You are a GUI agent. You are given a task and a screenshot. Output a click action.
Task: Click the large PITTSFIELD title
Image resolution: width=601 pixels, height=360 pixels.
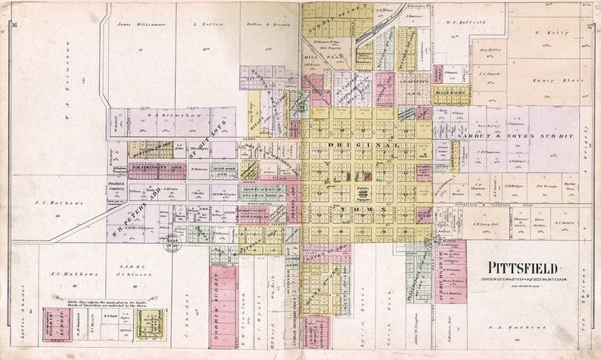(522, 268)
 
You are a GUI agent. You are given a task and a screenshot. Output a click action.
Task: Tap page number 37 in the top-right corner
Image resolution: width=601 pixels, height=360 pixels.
(589, 27)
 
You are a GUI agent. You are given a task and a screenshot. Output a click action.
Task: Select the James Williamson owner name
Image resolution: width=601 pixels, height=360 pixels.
(142, 25)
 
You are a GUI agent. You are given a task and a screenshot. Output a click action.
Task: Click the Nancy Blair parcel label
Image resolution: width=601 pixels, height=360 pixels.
(550, 79)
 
